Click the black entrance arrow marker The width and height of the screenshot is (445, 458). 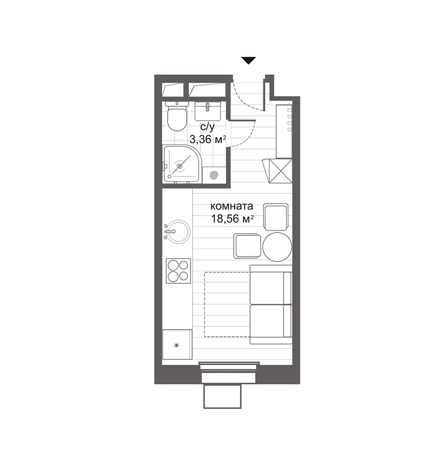(249, 61)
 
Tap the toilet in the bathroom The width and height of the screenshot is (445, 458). (176, 116)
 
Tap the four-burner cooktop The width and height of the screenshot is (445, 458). (178, 270)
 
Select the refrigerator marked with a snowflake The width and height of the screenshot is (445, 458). (177, 344)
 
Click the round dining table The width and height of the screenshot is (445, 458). (277, 246)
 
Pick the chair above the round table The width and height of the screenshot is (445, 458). (275, 216)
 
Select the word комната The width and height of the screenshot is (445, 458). (232, 207)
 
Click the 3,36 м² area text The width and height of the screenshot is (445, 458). (208, 139)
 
